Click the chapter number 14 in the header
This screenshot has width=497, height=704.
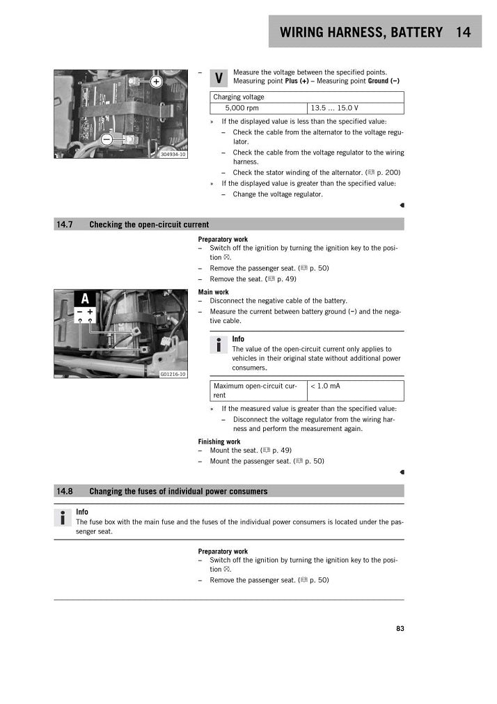[x=464, y=32]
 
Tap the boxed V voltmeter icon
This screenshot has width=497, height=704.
[x=219, y=78]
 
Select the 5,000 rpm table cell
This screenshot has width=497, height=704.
[x=242, y=109]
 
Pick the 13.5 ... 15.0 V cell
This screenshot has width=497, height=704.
[x=334, y=109]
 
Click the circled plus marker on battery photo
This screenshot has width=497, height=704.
[x=156, y=81]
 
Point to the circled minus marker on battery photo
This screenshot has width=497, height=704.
[x=106, y=140]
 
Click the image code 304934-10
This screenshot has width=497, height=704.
[x=173, y=154]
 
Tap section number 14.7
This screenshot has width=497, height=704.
[x=65, y=224]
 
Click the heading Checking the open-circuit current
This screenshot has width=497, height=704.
[x=149, y=224]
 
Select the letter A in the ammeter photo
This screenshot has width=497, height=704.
[x=85, y=299]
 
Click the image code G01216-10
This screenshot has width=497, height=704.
[x=173, y=374]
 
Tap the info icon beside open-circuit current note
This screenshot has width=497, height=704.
[x=219, y=344]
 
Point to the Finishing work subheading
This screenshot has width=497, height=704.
[x=219, y=441]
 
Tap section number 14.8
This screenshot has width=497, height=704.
[x=65, y=491]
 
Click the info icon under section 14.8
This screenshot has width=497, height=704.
[x=63, y=517]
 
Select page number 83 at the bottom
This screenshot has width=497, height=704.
[x=400, y=628]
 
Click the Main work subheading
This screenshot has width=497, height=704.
[x=213, y=292]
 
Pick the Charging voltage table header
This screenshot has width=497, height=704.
[x=239, y=97]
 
